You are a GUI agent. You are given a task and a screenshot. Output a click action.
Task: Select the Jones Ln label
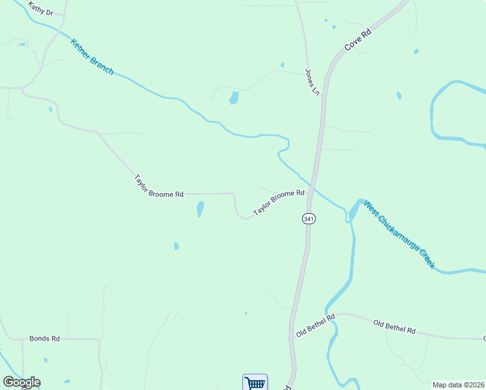[312, 83]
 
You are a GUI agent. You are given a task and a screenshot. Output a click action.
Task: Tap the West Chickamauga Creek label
[399, 234]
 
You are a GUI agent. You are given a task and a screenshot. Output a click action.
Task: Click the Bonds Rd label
[44, 339]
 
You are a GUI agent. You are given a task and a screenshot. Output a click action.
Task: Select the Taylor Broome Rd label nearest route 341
[279, 202]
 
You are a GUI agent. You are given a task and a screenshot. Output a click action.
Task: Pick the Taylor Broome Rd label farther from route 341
[159, 186]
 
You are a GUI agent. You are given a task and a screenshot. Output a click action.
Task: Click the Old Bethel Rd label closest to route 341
[314, 325]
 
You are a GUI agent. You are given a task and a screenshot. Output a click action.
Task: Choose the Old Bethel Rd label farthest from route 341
[394, 326]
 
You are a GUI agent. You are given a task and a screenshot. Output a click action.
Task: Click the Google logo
[21, 382]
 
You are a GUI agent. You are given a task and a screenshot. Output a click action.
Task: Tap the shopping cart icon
[255, 382]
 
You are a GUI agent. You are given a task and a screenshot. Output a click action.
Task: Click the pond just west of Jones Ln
[233, 98]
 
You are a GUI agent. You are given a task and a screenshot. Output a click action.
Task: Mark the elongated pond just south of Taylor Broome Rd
[200, 209]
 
